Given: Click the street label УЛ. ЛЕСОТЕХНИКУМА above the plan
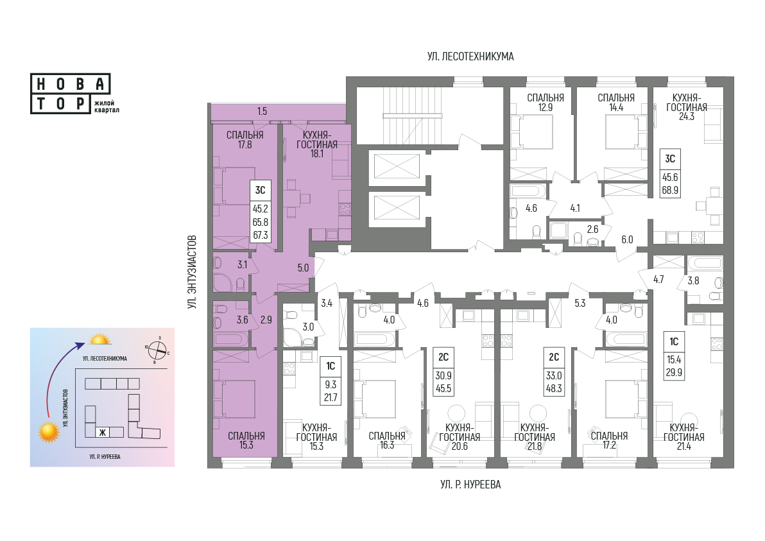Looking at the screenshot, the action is (x=470, y=56).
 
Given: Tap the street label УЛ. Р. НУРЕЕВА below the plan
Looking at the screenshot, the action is (x=470, y=485).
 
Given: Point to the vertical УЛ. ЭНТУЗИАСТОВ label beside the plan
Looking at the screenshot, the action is (x=193, y=271).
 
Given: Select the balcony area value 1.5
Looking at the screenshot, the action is (x=262, y=111).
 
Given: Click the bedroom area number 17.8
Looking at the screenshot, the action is (x=245, y=144).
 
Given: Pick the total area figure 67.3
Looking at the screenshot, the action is (x=261, y=235).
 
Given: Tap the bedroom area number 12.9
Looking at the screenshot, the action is (x=546, y=107).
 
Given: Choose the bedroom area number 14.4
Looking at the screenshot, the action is (x=616, y=107).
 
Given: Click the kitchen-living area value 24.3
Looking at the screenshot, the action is (x=687, y=116).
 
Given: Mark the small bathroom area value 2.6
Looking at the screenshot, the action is (x=592, y=229).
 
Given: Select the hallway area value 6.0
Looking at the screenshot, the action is (x=627, y=239).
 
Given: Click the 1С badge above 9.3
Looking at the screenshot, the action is (x=331, y=366).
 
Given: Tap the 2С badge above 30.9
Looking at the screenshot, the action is (x=443, y=357).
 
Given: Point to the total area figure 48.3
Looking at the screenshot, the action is (x=554, y=389).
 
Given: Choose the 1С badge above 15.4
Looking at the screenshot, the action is (x=674, y=341).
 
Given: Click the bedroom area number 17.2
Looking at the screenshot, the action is (x=609, y=445).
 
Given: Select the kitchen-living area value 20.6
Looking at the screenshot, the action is (x=460, y=446).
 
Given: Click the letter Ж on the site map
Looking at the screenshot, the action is (x=103, y=432).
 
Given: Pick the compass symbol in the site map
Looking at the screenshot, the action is (x=157, y=350).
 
